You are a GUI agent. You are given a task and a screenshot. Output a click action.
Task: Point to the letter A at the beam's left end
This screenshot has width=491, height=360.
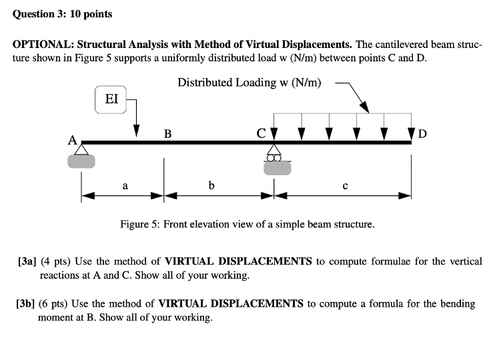pos(71,140)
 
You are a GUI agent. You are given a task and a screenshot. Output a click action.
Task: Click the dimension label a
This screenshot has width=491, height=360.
pos(125,186)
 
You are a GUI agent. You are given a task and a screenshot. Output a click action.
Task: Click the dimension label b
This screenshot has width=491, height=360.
pos(211,185)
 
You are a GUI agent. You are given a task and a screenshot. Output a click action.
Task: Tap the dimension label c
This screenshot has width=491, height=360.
pos(344,186)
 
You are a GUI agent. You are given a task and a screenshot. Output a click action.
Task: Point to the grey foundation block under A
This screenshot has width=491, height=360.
pos(81,161)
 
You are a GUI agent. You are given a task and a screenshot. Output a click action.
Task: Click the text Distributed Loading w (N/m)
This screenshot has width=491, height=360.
pos(249,83)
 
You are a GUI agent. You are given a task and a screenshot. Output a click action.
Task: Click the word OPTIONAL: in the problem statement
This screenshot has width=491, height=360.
pos(43,45)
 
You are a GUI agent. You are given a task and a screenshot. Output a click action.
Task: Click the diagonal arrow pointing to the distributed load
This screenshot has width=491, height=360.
pos(354,97)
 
